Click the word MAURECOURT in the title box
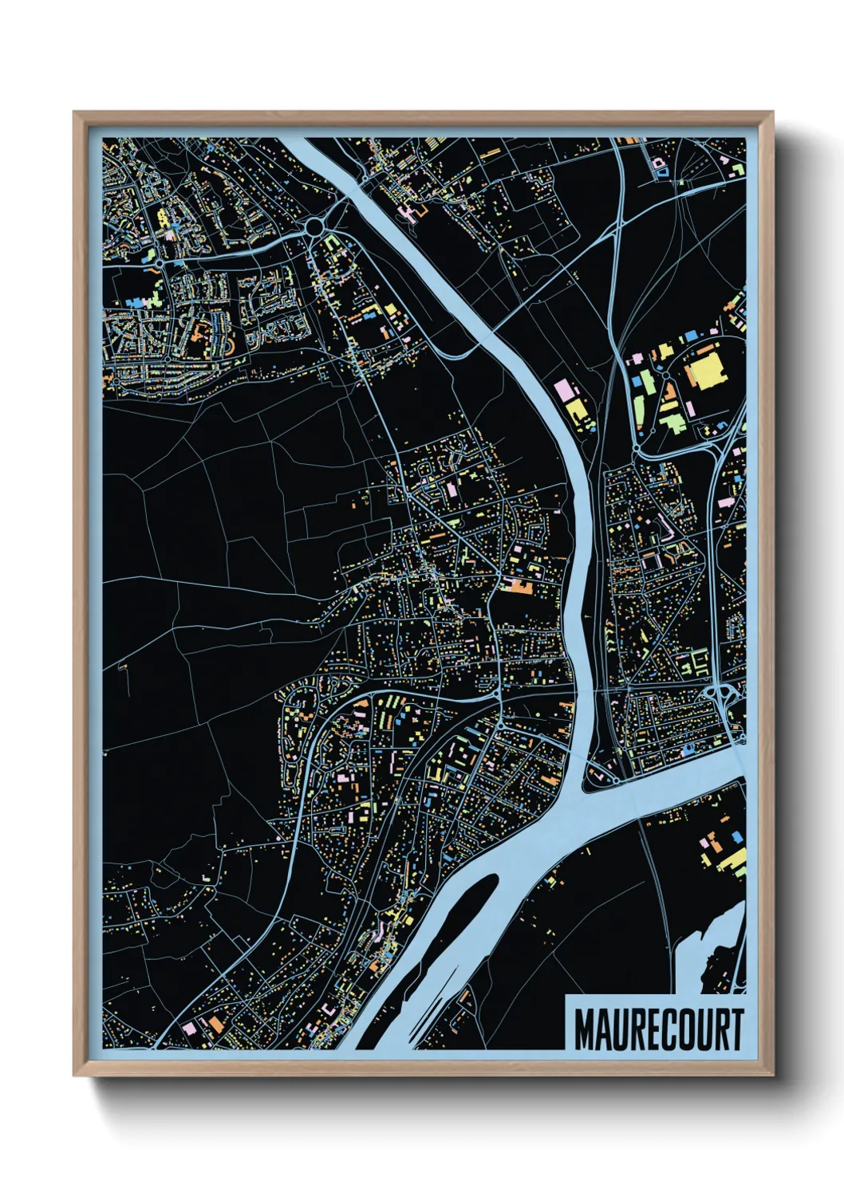(x=658, y=1029)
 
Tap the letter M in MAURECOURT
(x=585, y=1029)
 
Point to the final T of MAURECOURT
(x=736, y=1029)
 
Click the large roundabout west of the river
(x=314, y=228)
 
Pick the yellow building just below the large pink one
(x=577, y=411)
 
